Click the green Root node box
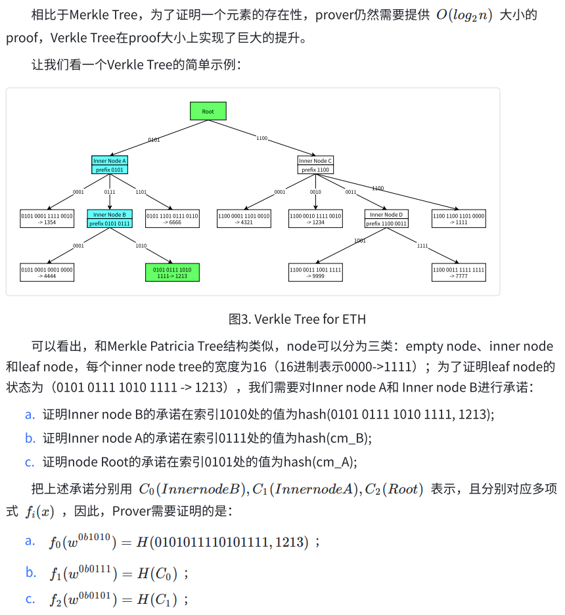[208, 111]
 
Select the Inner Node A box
[110, 165]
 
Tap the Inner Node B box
[110, 218]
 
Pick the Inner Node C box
[315, 165]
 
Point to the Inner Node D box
[386, 218]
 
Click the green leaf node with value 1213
[172, 272]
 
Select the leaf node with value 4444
[47, 272]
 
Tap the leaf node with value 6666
[172, 218]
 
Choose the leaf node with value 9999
[315, 272]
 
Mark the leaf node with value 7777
[459, 272]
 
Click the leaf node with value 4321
[244, 218]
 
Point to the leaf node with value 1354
[47, 218]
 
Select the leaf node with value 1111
[459, 218]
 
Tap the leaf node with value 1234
[315, 218]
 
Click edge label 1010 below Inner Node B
[141, 246]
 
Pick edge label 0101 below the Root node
[154, 140]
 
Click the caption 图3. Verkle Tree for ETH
[297, 319]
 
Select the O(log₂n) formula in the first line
[464, 15]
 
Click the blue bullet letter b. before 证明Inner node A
[30, 438]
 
